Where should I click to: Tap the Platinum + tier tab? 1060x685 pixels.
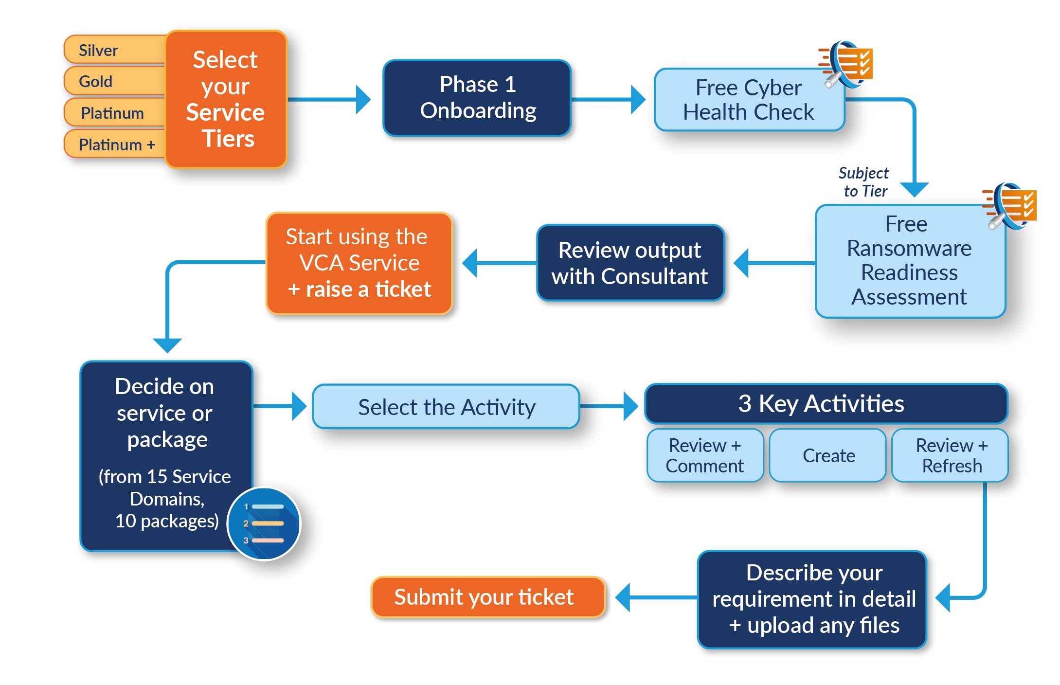tap(117, 144)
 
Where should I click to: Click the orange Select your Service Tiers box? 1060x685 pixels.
tap(226, 99)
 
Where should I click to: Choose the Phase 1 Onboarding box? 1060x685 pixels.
tap(477, 97)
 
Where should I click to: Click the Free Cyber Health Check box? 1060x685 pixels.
tap(749, 100)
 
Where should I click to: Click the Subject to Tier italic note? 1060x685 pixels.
tap(864, 181)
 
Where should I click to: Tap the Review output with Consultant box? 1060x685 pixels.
tap(630, 263)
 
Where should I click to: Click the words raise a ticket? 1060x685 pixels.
tap(368, 289)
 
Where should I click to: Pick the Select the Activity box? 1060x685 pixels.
tap(446, 407)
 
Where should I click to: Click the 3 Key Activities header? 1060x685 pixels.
tap(826, 403)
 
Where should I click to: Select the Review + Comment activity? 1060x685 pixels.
tap(705, 455)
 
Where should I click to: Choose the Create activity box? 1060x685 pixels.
tap(828, 455)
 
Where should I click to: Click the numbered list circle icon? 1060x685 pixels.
tap(265, 523)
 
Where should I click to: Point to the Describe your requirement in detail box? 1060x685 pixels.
tap(812, 599)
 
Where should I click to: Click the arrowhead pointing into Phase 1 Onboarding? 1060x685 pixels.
tap(363, 100)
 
